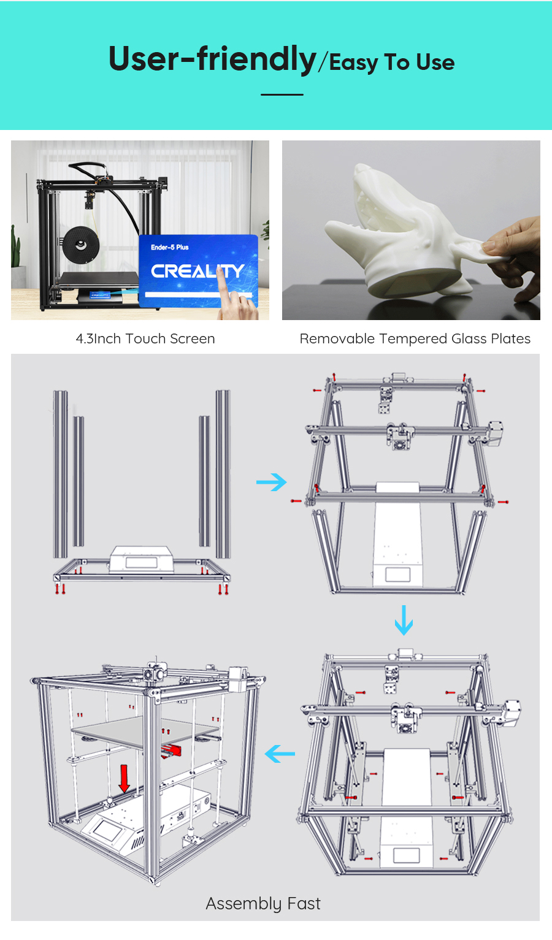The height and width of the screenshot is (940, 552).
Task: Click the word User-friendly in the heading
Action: (x=212, y=59)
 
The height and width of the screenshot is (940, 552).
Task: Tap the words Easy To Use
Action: (x=392, y=63)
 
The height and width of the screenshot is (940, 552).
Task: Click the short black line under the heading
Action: (x=282, y=94)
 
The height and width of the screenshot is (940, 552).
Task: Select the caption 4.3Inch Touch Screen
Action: (x=145, y=338)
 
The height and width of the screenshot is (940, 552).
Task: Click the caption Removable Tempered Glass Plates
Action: (x=415, y=338)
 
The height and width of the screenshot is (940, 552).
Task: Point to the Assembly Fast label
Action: (x=263, y=903)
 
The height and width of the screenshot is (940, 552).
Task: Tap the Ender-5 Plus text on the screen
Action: (x=170, y=247)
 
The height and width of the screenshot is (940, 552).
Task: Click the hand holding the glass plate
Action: (x=515, y=258)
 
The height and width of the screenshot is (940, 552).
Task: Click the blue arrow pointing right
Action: (x=271, y=482)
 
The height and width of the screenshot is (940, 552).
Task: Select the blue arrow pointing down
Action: (x=404, y=620)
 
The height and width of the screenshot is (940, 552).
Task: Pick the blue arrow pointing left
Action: (x=280, y=754)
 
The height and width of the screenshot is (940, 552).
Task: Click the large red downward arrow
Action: (x=125, y=778)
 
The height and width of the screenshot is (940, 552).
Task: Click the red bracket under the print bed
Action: (x=172, y=749)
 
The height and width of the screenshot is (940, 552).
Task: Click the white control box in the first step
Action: (x=141, y=559)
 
